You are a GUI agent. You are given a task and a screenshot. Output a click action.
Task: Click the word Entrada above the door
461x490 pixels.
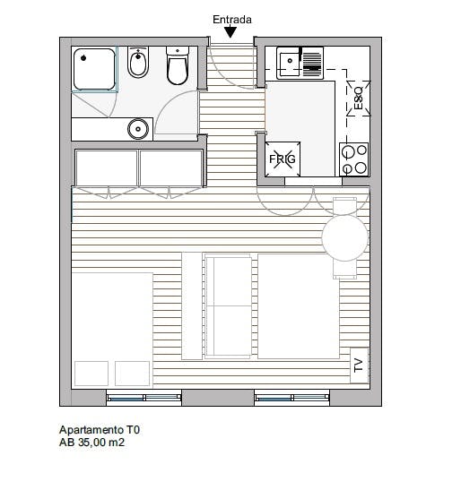tap(232, 20)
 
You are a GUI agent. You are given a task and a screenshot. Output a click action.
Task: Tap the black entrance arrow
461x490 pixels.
tap(230, 32)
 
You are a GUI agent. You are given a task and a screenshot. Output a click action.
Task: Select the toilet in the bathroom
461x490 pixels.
tap(178, 66)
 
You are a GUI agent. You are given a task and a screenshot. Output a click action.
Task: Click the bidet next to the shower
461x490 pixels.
tap(138, 63)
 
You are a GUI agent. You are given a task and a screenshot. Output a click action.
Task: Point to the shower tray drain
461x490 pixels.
tap(83, 58)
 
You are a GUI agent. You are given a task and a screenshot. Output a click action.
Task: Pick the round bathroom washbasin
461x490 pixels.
tap(138, 129)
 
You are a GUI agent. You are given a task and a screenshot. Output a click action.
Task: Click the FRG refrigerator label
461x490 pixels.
tap(283, 159)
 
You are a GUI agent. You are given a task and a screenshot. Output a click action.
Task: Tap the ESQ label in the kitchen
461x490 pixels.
tap(358, 99)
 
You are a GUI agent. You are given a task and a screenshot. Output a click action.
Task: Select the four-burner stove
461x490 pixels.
tap(354, 159)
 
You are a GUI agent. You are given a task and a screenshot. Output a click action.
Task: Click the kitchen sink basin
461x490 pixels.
tap(289, 64)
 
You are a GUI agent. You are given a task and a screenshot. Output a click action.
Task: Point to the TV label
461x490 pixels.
tap(359, 365)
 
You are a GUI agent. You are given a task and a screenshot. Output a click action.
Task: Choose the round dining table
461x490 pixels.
tap(345, 237)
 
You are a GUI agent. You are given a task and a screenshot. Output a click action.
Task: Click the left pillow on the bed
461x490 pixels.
tap(91, 374)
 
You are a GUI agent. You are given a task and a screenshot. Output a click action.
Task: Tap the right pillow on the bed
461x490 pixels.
tap(132, 374)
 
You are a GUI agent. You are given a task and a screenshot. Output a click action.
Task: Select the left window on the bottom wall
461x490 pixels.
tap(144, 398)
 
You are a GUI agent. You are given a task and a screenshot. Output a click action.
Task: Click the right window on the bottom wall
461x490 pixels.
tap(291, 398)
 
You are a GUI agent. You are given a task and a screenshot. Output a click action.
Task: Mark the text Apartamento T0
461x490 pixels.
tap(100, 430)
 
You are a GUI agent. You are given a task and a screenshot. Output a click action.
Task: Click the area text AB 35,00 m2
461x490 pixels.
tap(91, 443)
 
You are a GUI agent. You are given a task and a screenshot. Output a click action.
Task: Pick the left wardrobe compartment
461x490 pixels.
tap(107, 168)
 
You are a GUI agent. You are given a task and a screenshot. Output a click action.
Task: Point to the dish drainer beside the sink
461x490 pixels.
tap(312, 62)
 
